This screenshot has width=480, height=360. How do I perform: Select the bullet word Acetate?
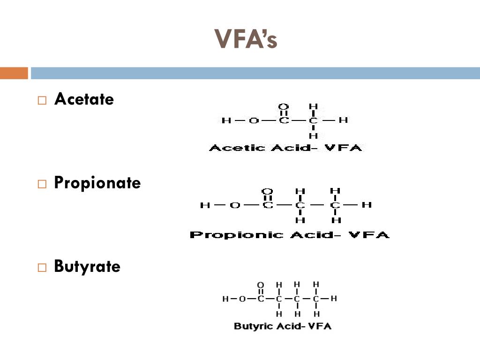coord(84,99)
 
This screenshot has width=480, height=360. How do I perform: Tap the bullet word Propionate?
coord(97,182)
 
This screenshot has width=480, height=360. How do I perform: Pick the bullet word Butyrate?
coord(87,266)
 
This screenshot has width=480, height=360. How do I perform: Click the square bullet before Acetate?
coord(42,100)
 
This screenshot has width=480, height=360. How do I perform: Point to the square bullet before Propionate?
coord(42,184)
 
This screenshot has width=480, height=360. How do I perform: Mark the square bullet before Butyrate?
coord(42,268)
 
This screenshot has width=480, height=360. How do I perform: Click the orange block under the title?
coord(14,73)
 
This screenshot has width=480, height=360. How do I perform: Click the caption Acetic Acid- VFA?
coord(285,148)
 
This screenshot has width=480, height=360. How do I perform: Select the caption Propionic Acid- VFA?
coord(289,234)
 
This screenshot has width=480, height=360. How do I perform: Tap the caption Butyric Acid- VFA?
coord(282,326)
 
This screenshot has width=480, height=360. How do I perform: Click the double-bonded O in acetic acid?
coord(284,106)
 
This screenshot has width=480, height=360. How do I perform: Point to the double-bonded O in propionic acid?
coord(267,191)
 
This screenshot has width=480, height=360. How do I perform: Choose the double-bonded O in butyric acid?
coord(261,285)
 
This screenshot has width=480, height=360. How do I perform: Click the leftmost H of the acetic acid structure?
coord(226,120)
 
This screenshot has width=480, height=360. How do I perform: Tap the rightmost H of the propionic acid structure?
coord(367,205)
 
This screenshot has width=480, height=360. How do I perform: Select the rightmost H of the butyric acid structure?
coord(334,298)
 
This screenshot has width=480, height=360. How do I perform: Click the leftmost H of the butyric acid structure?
coord(225,299)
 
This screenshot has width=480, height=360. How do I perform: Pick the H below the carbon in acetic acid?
coord(314,136)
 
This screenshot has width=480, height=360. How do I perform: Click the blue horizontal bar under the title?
coord(255,73)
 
